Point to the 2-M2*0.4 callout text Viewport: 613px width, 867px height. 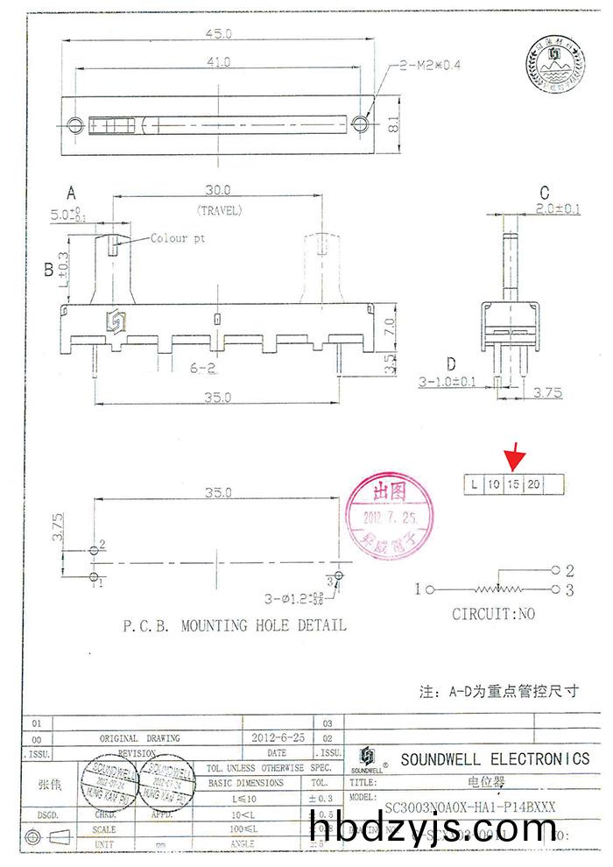point(432,65)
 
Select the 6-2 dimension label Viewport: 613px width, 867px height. point(204,370)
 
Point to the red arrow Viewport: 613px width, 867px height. point(516,455)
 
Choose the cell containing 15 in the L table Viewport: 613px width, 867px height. point(514,483)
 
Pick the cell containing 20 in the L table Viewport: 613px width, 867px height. point(533,483)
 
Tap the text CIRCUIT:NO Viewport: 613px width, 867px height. point(493,614)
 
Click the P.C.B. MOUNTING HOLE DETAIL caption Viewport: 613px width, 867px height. point(234,625)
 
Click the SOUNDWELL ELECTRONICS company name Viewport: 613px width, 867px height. point(495,759)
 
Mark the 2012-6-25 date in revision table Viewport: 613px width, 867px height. point(277,738)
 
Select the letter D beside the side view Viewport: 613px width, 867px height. point(451,363)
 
